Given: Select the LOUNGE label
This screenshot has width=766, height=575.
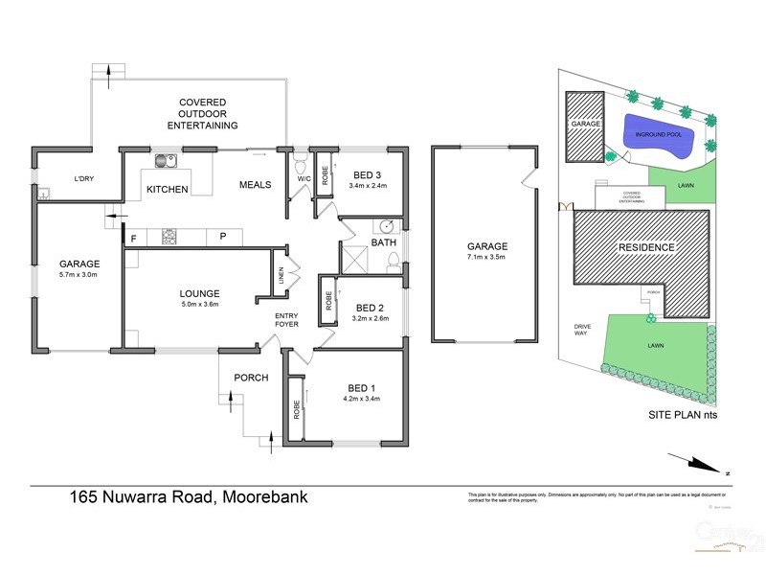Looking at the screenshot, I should point(199,293).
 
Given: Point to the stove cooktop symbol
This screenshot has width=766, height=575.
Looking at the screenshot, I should point(169,235).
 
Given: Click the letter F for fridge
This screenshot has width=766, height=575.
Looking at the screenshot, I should point(134,236).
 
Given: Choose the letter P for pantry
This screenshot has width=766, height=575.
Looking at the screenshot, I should point(222,236).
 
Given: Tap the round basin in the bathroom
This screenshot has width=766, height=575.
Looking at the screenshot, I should point(388,227).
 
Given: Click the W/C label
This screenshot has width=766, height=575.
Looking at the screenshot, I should point(304,179).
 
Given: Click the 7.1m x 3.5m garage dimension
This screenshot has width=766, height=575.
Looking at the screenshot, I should point(485,258).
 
